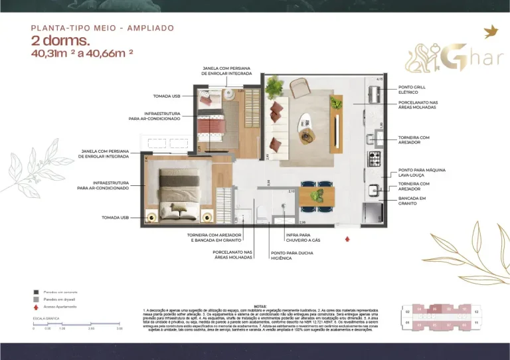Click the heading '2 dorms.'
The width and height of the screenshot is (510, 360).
click(60, 41)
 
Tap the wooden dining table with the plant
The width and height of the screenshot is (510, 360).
click(316, 196)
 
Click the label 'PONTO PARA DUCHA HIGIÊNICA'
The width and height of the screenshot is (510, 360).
click(290, 256)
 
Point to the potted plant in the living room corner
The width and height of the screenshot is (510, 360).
click(272, 86)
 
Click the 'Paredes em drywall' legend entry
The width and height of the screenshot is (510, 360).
click(60, 300)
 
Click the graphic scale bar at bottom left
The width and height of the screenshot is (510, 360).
click(76, 324)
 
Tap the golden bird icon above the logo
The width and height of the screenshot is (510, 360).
click(492, 31)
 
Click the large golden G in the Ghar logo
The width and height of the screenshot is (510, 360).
click(451, 57)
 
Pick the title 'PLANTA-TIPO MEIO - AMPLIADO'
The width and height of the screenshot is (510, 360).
click(102, 28)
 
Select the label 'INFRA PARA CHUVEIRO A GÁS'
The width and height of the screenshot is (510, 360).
click(302, 236)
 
